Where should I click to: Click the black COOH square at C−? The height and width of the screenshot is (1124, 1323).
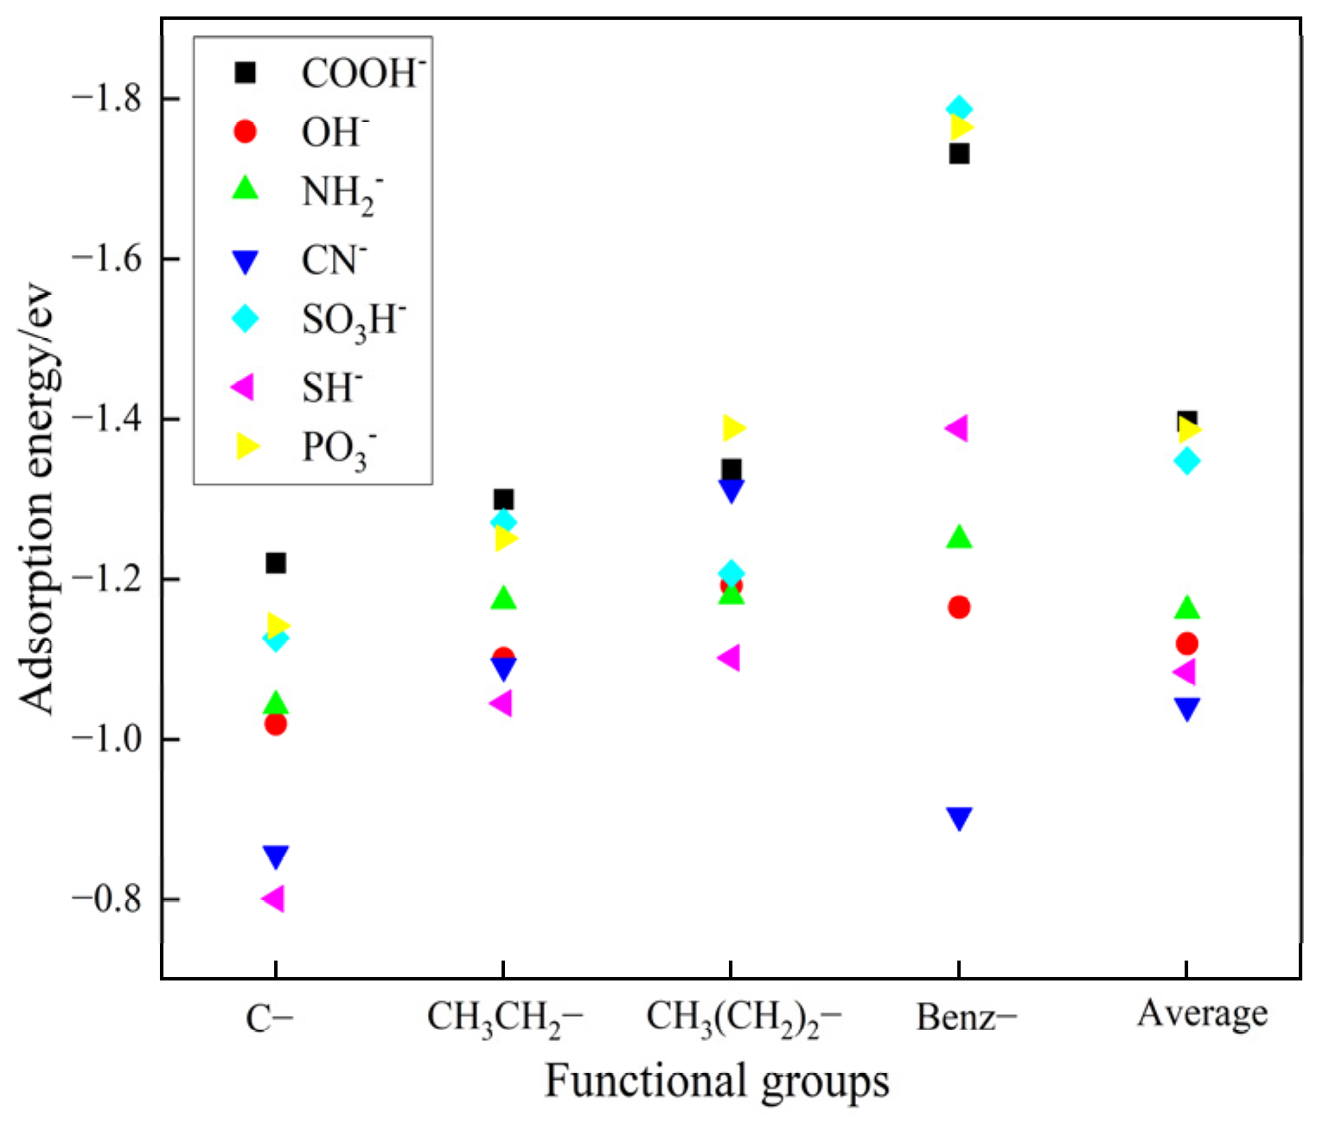pos(276,564)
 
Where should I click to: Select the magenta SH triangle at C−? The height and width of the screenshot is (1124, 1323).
pos(272,899)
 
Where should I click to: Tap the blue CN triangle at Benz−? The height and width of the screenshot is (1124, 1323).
pos(959,818)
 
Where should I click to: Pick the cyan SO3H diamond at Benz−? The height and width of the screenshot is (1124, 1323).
pos(959,110)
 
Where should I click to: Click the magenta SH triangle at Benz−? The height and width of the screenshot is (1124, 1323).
pos(956,428)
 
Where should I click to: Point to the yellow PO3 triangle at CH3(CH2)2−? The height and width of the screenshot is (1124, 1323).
pos(733,428)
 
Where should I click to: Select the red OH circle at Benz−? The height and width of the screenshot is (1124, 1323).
pos(959,607)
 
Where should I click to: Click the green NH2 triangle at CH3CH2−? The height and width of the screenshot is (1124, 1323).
pos(503,598)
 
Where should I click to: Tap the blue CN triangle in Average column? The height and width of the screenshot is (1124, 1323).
pos(1187,709)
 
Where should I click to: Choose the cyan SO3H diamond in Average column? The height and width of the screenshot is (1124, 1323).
pos(1187,460)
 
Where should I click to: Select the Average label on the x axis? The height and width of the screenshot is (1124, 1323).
pos(1202,1014)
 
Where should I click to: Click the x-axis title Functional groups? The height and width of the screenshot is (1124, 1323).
pos(717,1082)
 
